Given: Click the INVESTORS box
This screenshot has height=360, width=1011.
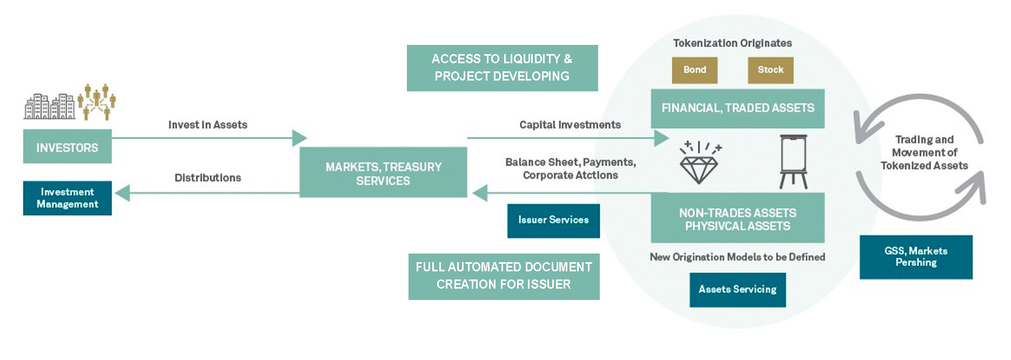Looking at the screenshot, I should click(x=67, y=146).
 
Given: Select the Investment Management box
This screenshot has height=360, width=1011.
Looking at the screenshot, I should click(x=67, y=198).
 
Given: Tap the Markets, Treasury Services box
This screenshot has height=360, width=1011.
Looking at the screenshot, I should click(x=383, y=172).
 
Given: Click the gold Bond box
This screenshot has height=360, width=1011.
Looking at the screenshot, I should click(x=694, y=70).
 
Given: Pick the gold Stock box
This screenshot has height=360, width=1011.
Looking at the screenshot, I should click(x=770, y=70).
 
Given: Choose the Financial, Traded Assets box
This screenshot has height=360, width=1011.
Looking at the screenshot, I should click(x=738, y=108).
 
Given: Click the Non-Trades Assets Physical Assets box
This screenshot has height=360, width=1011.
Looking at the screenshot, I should click(x=738, y=218).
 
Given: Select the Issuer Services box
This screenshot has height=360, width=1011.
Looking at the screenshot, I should click(x=553, y=221).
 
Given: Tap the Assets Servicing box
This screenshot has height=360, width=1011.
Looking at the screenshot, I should click(x=738, y=290).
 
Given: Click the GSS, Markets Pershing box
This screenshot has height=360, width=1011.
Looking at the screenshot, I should click(x=916, y=257).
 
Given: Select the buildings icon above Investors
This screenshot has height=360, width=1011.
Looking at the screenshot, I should click(x=49, y=106).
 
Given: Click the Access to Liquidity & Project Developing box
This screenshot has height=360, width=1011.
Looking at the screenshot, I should click(x=502, y=68).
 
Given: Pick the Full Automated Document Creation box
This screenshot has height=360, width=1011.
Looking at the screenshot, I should click(x=504, y=276).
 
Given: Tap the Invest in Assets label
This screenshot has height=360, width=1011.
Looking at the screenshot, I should click(x=207, y=125).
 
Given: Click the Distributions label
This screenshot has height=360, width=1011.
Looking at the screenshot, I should click(x=207, y=178).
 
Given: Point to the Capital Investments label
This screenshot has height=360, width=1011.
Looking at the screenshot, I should click(x=570, y=125).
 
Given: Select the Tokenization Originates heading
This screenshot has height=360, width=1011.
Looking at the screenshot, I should click(x=732, y=43).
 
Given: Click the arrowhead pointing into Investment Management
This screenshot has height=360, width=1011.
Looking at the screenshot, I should click(x=123, y=192).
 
